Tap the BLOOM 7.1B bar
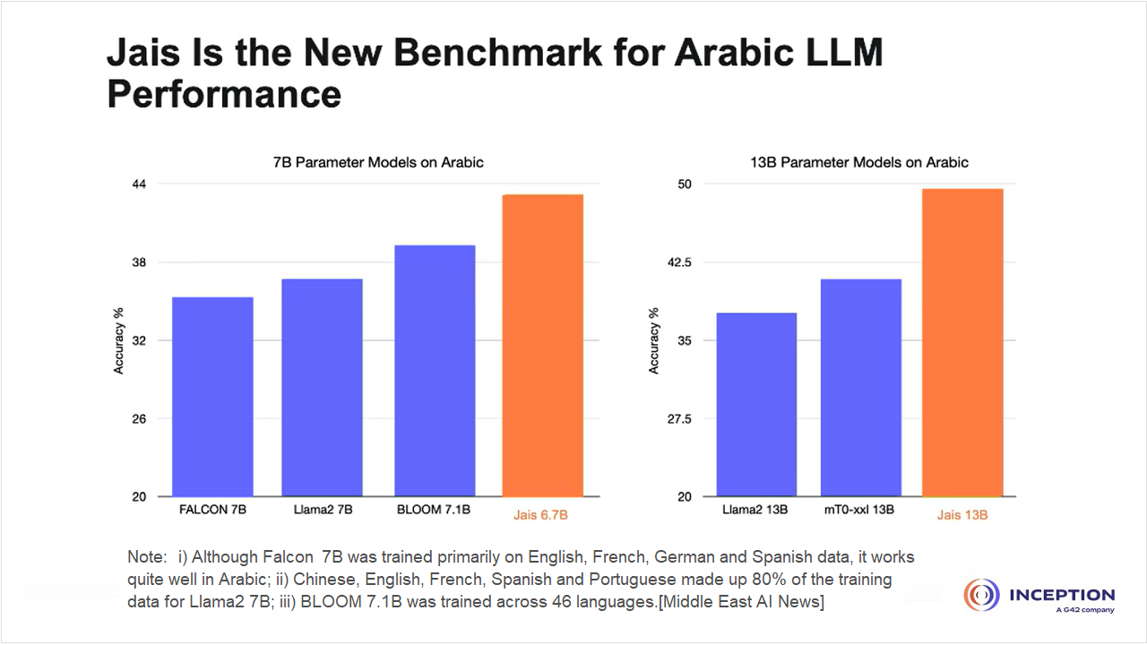[435, 371]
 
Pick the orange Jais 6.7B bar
[542, 346]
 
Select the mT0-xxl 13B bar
[860, 388]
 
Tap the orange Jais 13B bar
[962, 343]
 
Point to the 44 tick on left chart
[140, 184]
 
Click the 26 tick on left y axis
[140, 418]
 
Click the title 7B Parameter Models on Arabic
[378, 162]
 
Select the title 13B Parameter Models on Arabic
[860, 162]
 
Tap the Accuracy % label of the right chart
[653, 340]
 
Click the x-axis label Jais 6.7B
[540, 515]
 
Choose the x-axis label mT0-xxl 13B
[858, 511]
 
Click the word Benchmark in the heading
[453, 53]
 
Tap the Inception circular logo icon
[982, 597]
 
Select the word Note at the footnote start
[145, 557]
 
